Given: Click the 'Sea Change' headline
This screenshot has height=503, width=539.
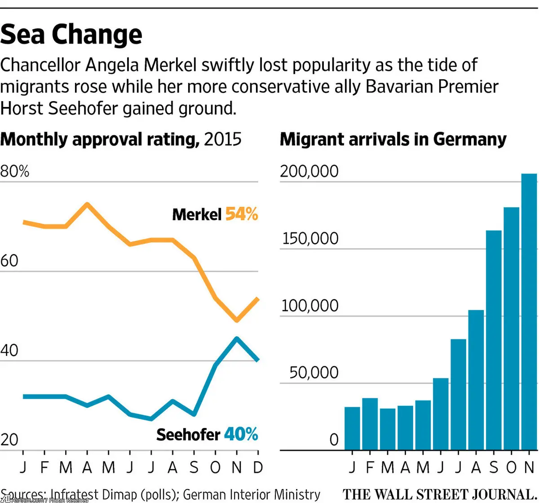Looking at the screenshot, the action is click(x=71, y=35).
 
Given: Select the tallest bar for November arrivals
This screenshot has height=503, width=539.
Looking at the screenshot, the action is click(x=529, y=312).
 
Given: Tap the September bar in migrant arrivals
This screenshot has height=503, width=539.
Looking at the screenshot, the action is click(x=494, y=340).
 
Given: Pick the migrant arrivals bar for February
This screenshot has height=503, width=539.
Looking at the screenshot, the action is click(x=370, y=424).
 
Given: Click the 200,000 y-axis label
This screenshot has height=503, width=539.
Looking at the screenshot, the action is click(x=309, y=171).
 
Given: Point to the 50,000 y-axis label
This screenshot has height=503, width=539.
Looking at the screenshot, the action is click(x=314, y=373).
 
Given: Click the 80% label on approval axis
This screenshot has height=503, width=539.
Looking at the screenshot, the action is click(x=15, y=171).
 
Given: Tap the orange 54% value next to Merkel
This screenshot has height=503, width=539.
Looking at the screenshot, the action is click(x=242, y=214).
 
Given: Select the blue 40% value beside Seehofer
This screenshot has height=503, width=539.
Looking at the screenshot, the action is click(x=241, y=434).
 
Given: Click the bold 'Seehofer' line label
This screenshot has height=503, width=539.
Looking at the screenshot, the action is click(x=188, y=434).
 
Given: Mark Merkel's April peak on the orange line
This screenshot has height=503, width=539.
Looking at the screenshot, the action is click(x=87, y=204).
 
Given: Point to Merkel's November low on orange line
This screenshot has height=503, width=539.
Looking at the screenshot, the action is click(x=237, y=320).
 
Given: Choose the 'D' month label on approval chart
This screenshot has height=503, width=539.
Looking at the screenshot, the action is click(x=258, y=467).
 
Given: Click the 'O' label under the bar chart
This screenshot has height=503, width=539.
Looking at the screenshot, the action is click(x=511, y=467).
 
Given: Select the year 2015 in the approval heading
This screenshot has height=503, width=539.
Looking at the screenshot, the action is click(x=222, y=139).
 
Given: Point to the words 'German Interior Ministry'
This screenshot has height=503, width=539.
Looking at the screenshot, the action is click(x=252, y=494).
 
